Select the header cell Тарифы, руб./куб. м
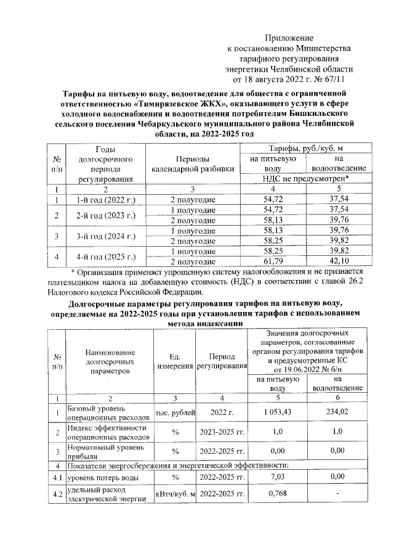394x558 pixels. pos(305,149)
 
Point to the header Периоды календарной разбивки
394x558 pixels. pos(192,163)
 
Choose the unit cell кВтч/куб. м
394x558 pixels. pos(175,494)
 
